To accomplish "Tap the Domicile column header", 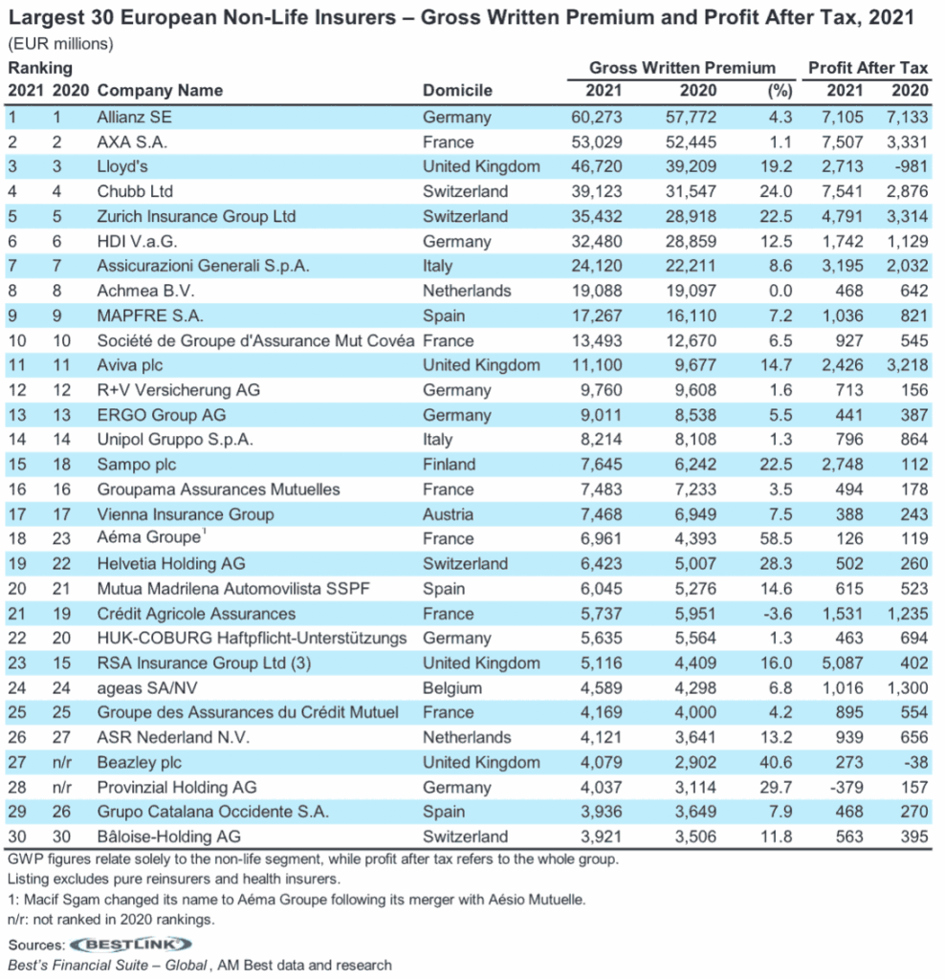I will (457, 91).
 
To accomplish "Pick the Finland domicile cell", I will (449, 465).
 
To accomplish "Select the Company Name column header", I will (160, 91).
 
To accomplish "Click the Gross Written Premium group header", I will (682, 68).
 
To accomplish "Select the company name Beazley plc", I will (139, 763).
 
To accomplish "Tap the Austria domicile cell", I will (448, 514).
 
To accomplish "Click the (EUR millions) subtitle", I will (60, 43).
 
